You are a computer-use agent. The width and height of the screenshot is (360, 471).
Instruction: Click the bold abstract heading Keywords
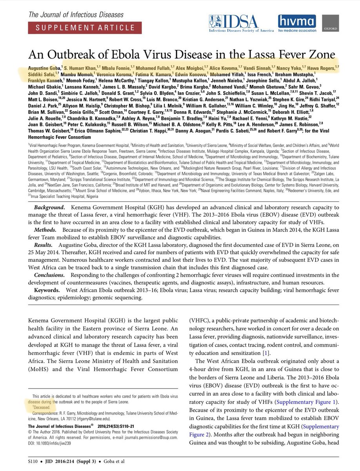(46, 290)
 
